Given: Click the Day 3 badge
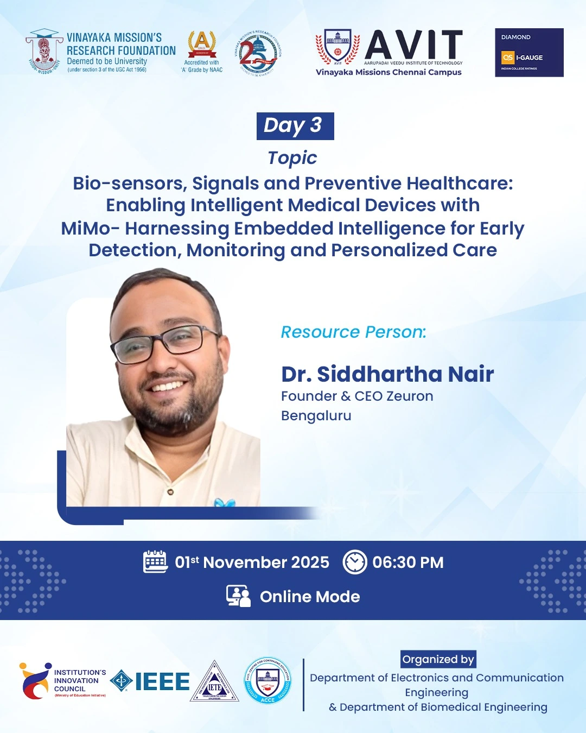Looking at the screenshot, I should (295, 126).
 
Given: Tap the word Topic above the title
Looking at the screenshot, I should (292, 158).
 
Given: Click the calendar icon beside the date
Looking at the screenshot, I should (155, 561).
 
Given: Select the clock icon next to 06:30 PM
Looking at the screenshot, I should (355, 562).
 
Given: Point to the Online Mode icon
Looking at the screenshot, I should (238, 596).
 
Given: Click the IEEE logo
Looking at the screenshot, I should (150, 681).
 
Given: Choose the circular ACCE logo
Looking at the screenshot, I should (267, 681).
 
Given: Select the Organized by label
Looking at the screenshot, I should (438, 659).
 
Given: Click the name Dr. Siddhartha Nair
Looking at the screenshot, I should (387, 374).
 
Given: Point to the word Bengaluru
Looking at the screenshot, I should (316, 416).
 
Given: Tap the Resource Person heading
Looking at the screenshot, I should (353, 332).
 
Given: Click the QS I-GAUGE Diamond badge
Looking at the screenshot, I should (529, 53).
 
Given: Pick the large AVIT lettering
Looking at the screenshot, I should (414, 45).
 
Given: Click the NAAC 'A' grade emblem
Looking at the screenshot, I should (202, 46).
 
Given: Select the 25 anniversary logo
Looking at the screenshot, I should (258, 53).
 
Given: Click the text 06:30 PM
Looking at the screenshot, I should (407, 563).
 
